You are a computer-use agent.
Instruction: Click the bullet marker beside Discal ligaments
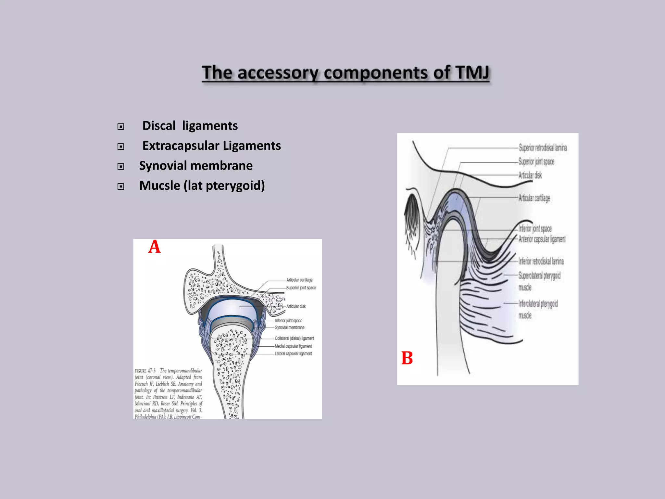coord(121,127)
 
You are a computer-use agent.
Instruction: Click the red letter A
coord(154,247)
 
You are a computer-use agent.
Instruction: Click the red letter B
coord(407,358)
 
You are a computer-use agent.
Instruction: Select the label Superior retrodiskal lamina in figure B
coord(543,148)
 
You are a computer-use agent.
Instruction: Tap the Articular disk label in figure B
coord(530,175)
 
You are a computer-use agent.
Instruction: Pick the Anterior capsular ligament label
coord(542,239)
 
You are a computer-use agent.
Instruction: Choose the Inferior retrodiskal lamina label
coord(541,261)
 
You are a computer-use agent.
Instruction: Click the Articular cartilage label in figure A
coord(299,280)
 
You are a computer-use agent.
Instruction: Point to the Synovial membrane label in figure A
coord(290,327)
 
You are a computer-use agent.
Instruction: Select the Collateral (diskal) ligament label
coord(294,339)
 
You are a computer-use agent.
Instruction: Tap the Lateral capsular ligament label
coord(293,354)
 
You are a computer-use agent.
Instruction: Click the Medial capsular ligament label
coord(293,346)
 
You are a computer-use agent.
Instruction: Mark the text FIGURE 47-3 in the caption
coord(145,371)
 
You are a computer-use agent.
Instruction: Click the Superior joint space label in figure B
coord(536,162)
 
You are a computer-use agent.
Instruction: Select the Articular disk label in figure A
coord(296,306)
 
